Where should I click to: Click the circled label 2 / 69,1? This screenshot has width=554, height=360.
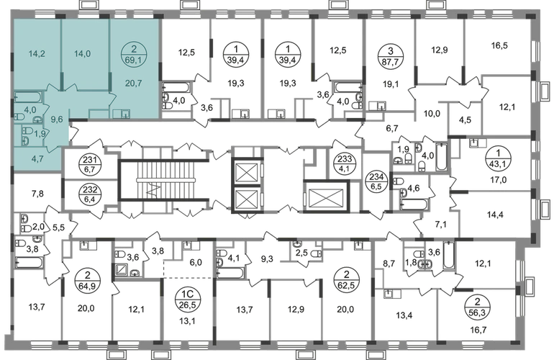click(134, 55)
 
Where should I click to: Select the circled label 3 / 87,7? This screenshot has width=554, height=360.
click(390, 55)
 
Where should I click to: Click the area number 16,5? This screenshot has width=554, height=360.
click(499, 45)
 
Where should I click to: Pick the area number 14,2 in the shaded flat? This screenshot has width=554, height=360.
click(37, 54)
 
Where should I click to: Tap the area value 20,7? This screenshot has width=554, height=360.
click(134, 84)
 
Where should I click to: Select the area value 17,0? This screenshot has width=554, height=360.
click(498, 180)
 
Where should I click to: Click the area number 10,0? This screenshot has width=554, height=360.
click(432, 114)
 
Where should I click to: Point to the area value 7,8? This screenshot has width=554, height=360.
click(37, 193)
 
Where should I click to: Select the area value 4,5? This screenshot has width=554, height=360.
click(465, 120)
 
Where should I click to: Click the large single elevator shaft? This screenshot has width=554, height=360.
click(326, 197)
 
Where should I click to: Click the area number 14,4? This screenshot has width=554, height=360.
click(495, 215)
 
